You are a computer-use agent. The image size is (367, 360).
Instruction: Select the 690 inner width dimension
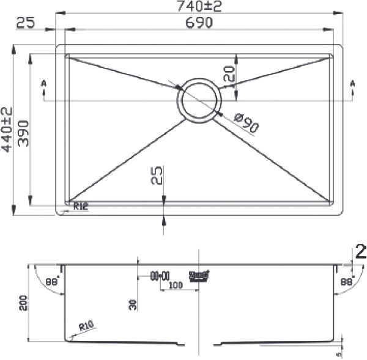pyautogui.click(x=197, y=23)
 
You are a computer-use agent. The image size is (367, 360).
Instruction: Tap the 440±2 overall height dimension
pyautogui.click(x=7, y=131)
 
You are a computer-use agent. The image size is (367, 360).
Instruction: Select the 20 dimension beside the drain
pyautogui.click(x=229, y=75)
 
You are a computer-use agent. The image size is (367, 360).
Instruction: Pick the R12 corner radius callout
pyautogui.click(x=81, y=207)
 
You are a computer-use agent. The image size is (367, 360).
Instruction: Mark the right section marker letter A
pyautogui.click(x=352, y=83)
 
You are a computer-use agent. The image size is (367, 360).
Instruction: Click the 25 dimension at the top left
pyautogui.click(x=25, y=23)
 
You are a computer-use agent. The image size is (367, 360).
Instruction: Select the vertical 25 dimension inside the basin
pyautogui.click(x=156, y=177)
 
